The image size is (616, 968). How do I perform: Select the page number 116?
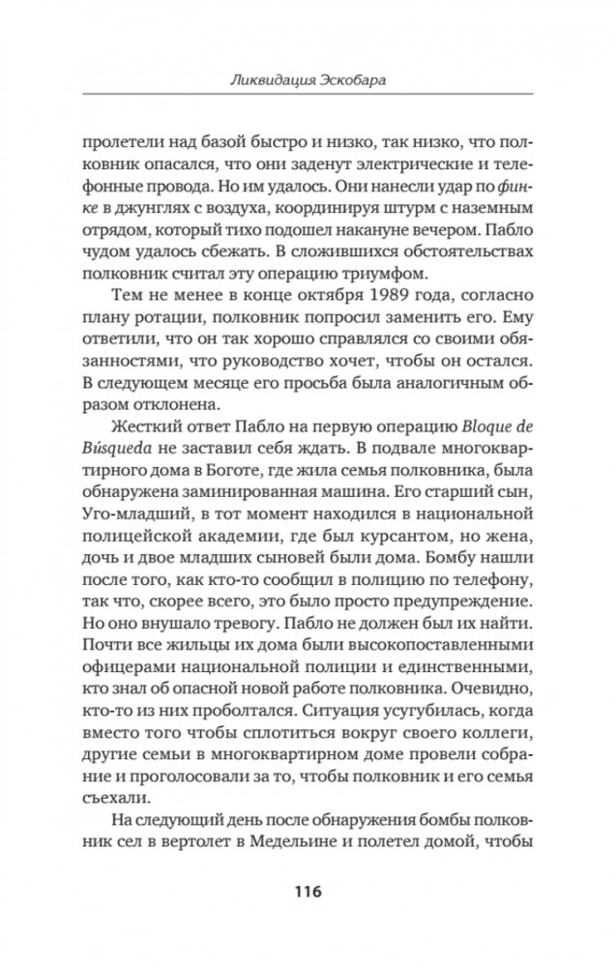click(307, 891)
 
